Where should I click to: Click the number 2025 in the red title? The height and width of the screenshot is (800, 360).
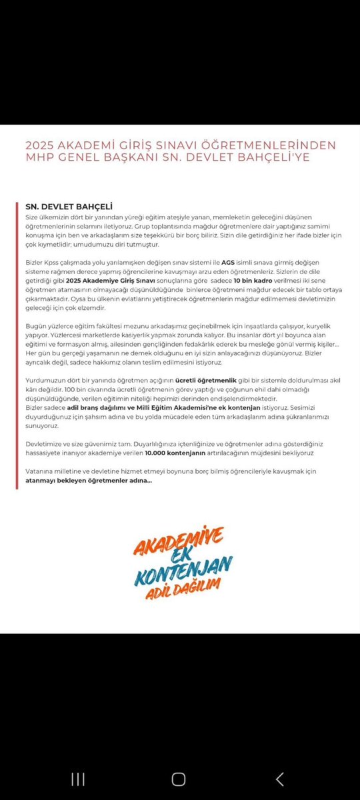coord(39,145)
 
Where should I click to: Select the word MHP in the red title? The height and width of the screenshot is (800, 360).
coord(39,158)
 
